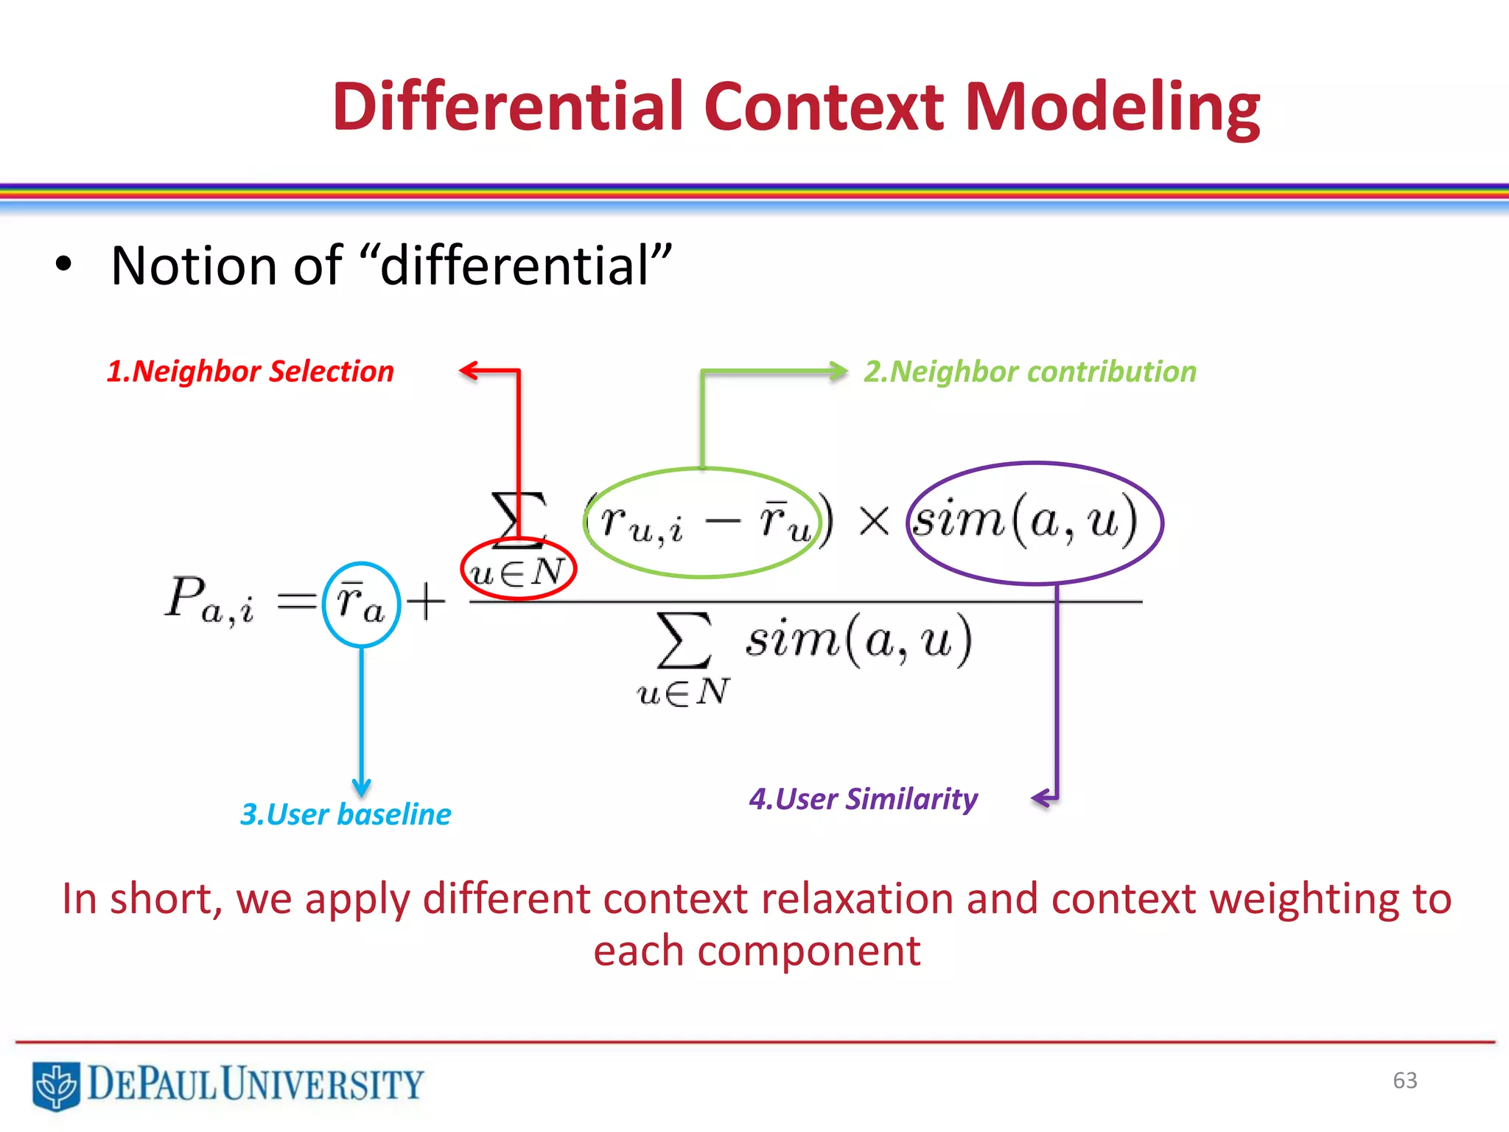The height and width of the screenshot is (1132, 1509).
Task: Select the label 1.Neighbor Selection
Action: (x=251, y=371)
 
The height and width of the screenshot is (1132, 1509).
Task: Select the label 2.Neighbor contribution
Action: (x=1030, y=371)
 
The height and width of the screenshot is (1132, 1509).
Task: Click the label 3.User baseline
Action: (x=346, y=814)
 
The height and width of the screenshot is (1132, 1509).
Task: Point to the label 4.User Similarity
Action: (x=863, y=799)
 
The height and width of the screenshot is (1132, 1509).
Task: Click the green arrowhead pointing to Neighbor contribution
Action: (x=839, y=371)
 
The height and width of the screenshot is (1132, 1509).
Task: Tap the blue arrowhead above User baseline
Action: (x=361, y=787)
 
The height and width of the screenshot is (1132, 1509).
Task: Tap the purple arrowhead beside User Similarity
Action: (x=1040, y=798)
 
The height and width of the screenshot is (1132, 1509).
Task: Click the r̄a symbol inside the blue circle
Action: (x=361, y=604)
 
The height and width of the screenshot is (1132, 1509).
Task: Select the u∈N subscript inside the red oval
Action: (x=518, y=572)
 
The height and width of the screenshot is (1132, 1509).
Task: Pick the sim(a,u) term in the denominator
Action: (x=858, y=639)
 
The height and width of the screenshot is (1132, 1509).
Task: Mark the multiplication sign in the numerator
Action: (x=874, y=522)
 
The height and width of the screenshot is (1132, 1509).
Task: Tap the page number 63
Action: (x=1404, y=1080)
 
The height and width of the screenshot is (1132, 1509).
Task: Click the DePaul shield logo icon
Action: (x=56, y=1085)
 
